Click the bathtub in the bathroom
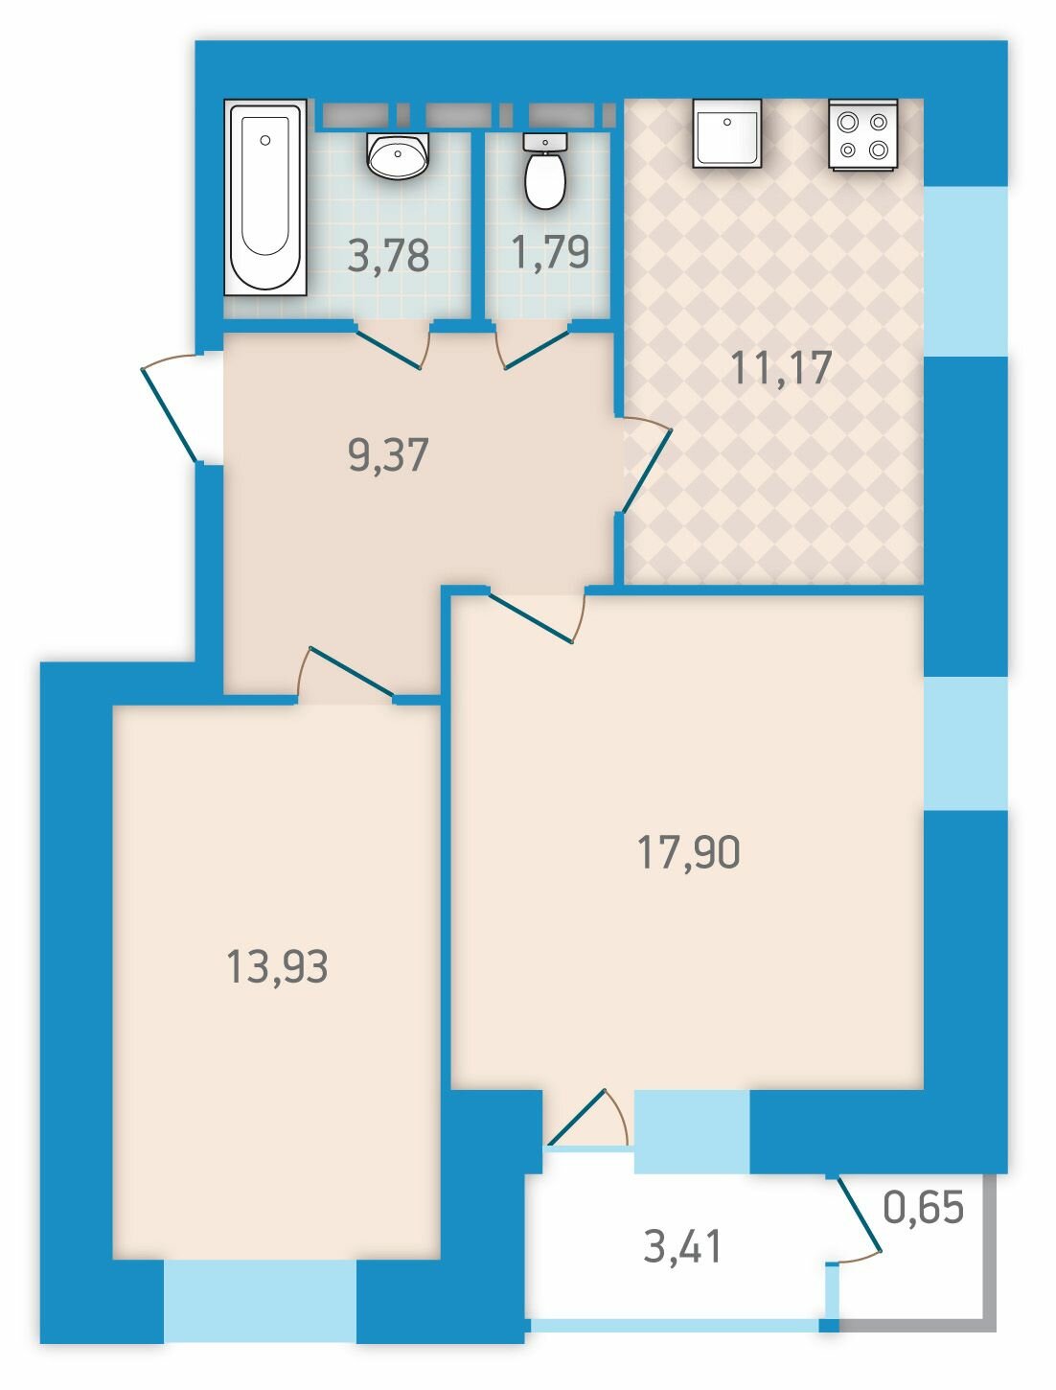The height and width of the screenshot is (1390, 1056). click(x=265, y=197)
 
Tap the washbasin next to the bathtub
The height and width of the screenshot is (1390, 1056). click(x=399, y=156)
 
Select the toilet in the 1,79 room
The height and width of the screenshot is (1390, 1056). click(x=544, y=172)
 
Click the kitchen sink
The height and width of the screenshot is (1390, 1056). click(x=727, y=133)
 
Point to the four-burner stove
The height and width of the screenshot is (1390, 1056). click(x=863, y=133)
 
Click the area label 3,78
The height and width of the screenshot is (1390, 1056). click(x=388, y=256)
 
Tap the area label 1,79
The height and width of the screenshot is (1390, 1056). click(x=549, y=252)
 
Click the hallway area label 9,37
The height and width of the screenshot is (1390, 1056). click(x=388, y=454)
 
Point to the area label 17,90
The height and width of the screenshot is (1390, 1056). click(x=689, y=851)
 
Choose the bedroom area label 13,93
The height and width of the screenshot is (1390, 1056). click(x=277, y=967)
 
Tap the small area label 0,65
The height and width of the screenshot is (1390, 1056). click(x=923, y=1206)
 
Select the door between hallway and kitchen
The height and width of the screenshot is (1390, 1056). click(x=645, y=466)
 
